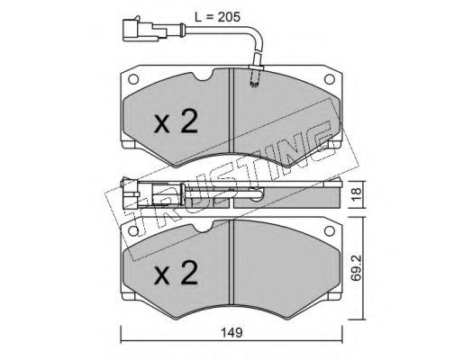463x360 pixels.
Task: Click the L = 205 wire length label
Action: (x=218, y=17)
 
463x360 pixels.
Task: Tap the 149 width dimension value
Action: (x=231, y=333)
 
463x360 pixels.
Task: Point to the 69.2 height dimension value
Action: (x=357, y=268)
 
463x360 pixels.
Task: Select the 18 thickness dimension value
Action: (x=358, y=194)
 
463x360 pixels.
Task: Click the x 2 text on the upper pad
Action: (x=176, y=121)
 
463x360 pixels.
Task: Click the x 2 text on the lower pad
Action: (x=176, y=273)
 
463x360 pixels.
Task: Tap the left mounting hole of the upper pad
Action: (x=133, y=79)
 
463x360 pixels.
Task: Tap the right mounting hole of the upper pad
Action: (x=330, y=79)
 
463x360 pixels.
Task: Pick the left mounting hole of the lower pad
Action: (x=133, y=230)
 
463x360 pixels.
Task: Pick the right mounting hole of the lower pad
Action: (x=330, y=230)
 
